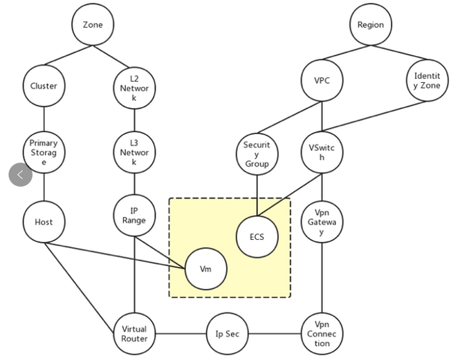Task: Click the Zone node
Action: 93,25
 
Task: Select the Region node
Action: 370,25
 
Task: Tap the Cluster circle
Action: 44,86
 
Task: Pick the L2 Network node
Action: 134,88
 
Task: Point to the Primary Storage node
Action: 44,152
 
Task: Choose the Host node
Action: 44,222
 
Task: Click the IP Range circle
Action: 134,215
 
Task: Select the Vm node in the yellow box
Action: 205,269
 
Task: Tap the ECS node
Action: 257,236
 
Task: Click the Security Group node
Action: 257,154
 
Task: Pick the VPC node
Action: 322,81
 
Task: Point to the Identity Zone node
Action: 427,81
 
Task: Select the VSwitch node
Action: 322,152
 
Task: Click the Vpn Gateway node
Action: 322,222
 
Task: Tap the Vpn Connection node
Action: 322,334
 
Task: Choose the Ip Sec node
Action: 227,334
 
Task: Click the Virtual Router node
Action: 134,334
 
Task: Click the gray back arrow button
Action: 21,175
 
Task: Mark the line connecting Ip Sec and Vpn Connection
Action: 274,334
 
